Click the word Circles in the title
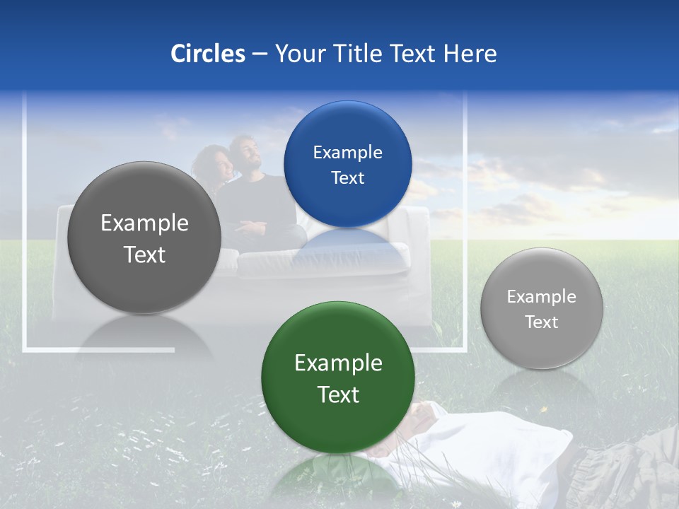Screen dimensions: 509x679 coord(207,54)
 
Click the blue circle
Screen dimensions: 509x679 coord(347,164)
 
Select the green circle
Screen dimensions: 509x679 coord(338,377)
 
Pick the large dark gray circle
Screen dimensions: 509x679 coord(144,238)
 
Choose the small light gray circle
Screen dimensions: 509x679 coord(541,308)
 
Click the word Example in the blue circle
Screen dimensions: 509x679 coord(347,152)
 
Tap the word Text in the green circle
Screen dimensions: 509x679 coord(338,394)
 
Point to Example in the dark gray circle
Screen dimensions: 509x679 coord(144,223)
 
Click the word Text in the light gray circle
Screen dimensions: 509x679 coord(541,322)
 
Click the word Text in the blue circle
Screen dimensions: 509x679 coord(347,178)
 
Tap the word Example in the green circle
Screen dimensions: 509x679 coord(338,363)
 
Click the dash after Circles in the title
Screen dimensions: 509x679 coord(260,54)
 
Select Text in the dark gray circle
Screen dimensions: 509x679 coord(144,255)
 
